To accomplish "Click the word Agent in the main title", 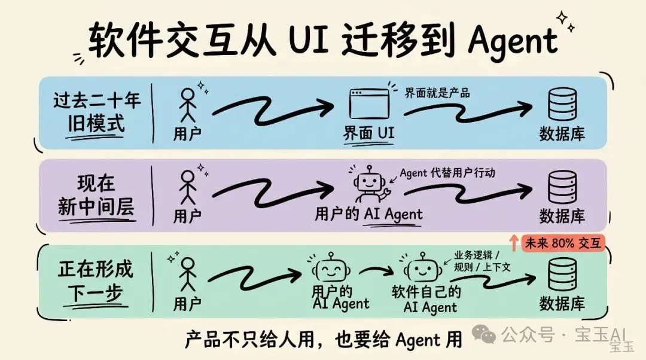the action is coord(513,41).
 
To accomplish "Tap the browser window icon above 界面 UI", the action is coord(368,104).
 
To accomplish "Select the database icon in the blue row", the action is coord(562,104).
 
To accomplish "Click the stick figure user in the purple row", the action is coord(187,187).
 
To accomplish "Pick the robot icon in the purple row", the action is coord(369,184).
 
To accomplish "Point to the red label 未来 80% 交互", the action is coord(563,243).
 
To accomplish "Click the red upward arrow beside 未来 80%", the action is coord(513,243).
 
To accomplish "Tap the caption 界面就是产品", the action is coord(437,93).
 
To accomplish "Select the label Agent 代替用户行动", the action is coord(447,173).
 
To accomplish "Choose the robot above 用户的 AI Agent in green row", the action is coord(331,269).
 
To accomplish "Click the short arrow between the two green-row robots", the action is coord(376,271).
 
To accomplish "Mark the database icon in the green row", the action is coord(562,274).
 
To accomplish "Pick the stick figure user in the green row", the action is coord(187,274).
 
